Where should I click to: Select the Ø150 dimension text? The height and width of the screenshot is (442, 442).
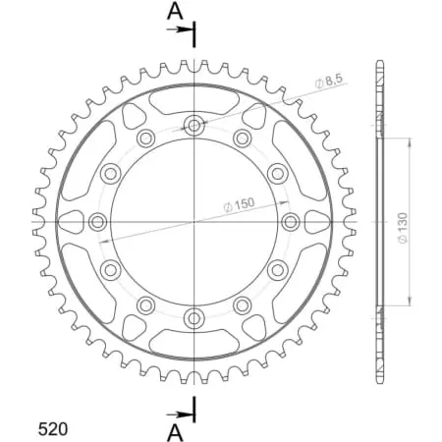coord(240,204)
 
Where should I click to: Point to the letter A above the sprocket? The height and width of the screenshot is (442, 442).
coord(174,11)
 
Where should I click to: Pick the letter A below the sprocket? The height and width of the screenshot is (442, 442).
coord(174,430)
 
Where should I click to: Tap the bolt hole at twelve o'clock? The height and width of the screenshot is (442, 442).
coord(194,125)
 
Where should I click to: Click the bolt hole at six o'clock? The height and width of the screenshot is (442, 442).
coord(194,317)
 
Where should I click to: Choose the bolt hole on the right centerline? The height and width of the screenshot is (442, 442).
coord(291,221)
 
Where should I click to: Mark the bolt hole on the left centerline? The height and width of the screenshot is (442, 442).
coord(98,221)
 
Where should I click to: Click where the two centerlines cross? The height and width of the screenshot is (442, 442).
coord(194,221)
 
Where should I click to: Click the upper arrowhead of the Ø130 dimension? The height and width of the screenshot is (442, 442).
coord(409,140)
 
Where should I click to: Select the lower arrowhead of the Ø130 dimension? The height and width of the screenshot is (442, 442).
coord(409,304)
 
